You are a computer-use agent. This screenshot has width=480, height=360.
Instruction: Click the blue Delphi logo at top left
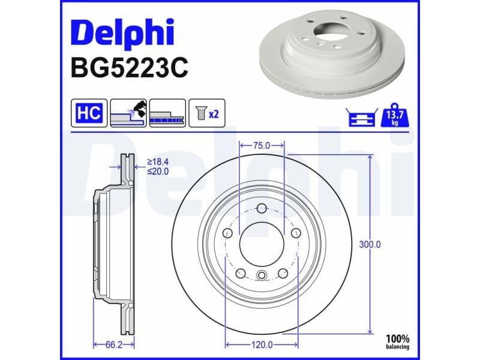tap(122, 34)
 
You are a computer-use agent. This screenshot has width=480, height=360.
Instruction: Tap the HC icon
tap(89, 113)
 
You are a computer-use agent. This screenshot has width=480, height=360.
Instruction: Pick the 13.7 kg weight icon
tap(394, 113)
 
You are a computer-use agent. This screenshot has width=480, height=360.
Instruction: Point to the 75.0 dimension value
tap(261, 145)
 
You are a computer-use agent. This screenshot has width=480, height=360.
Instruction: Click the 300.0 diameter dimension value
tap(370, 245)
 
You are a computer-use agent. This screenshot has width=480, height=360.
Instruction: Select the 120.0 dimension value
tap(262, 344)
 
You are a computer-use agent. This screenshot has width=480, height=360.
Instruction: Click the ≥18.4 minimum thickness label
tap(158, 162)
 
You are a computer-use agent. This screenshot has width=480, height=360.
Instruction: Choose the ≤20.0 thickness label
tap(158, 171)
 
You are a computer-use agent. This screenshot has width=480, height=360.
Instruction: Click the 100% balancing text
tap(397, 341)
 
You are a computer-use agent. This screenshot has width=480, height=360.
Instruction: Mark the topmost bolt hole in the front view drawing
tap(261, 209)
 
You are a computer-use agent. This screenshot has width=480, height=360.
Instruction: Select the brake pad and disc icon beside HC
tap(128, 113)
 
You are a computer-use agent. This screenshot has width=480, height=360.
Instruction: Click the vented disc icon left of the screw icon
tap(167, 113)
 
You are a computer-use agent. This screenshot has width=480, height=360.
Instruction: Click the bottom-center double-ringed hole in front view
tap(261, 275)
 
